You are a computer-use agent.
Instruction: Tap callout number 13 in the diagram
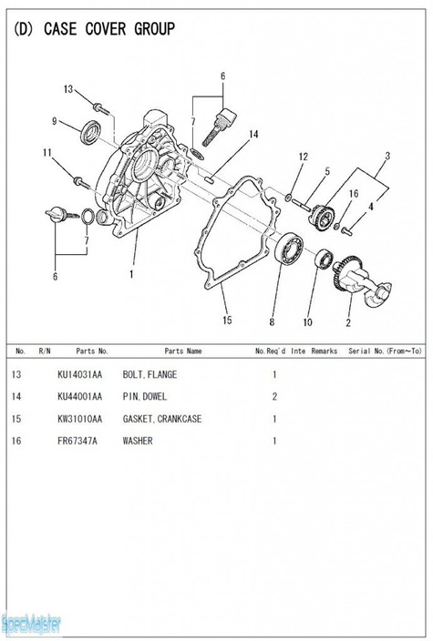[67, 89]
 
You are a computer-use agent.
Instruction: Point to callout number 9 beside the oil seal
[55, 121]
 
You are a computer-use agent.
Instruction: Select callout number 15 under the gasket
[227, 320]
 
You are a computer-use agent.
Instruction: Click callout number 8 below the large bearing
[271, 320]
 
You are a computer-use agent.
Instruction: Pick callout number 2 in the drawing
[348, 320]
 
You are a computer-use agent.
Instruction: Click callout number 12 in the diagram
[304, 158]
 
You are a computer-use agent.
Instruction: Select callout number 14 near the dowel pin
[253, 135]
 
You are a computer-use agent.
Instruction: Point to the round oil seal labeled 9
[90, 131]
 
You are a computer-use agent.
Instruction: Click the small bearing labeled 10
[323, 258]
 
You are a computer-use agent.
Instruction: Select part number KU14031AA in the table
[79, 375]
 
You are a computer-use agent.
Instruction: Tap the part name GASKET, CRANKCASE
[162, 419]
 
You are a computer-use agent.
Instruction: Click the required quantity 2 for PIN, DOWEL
[274, 397]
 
